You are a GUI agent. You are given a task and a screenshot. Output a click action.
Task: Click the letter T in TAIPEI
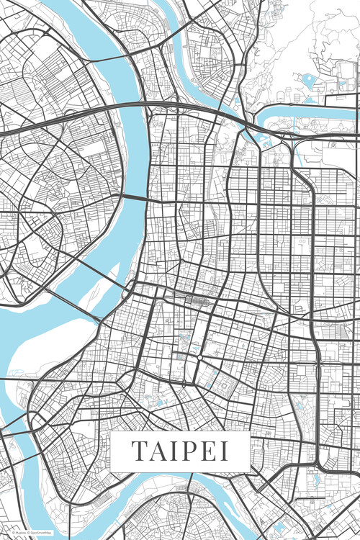pyautogui.click(x=138, y=451)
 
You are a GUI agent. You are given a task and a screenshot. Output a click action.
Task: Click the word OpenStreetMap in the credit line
pyautogui.click(x=40, y=532)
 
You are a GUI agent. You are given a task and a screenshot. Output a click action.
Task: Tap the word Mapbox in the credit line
pyautogui.click(x=18, y=532)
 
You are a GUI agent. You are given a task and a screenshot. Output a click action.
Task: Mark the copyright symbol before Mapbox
pyautogui.click(x=12, y=532)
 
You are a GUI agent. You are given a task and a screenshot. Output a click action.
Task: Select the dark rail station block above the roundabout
pyautogui.click(x=194, y=300)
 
